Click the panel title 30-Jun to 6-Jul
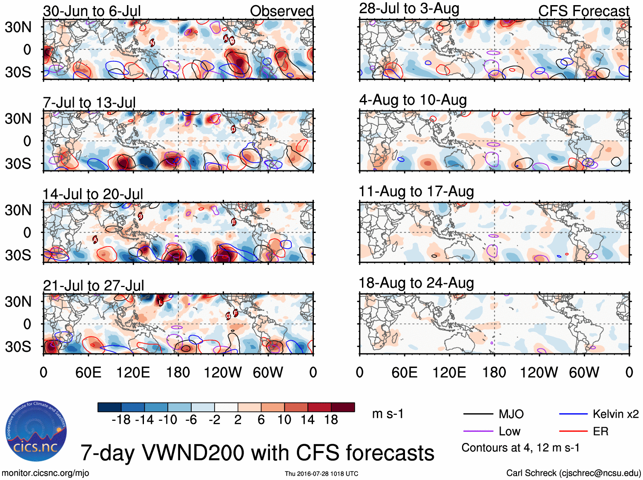click(x=92, y=11)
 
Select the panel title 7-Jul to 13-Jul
click(x=89, y=103)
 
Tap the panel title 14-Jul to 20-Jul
click(x=93, y=194)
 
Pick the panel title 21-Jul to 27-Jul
click(x=94, y=286)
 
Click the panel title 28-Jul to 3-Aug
click(x=409, y=9)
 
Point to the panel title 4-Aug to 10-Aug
click(x=413, y=100)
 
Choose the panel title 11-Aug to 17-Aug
click(x=416, y=192)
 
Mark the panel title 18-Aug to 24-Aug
click(x=416, y=283)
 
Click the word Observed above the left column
click(x=281, y=11)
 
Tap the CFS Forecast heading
click(x=583, y=11)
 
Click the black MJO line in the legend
click(x=478, y=414)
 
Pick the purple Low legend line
click(x=478, y=431)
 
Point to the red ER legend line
click(x=573, y=431)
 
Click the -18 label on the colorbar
click(x=121, y=420)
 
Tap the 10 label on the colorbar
click(x=284, y=420)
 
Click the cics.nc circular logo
click(x=36, y=431)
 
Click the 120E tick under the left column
click(x=133, y=373)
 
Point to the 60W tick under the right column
click(x=584, y=373)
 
